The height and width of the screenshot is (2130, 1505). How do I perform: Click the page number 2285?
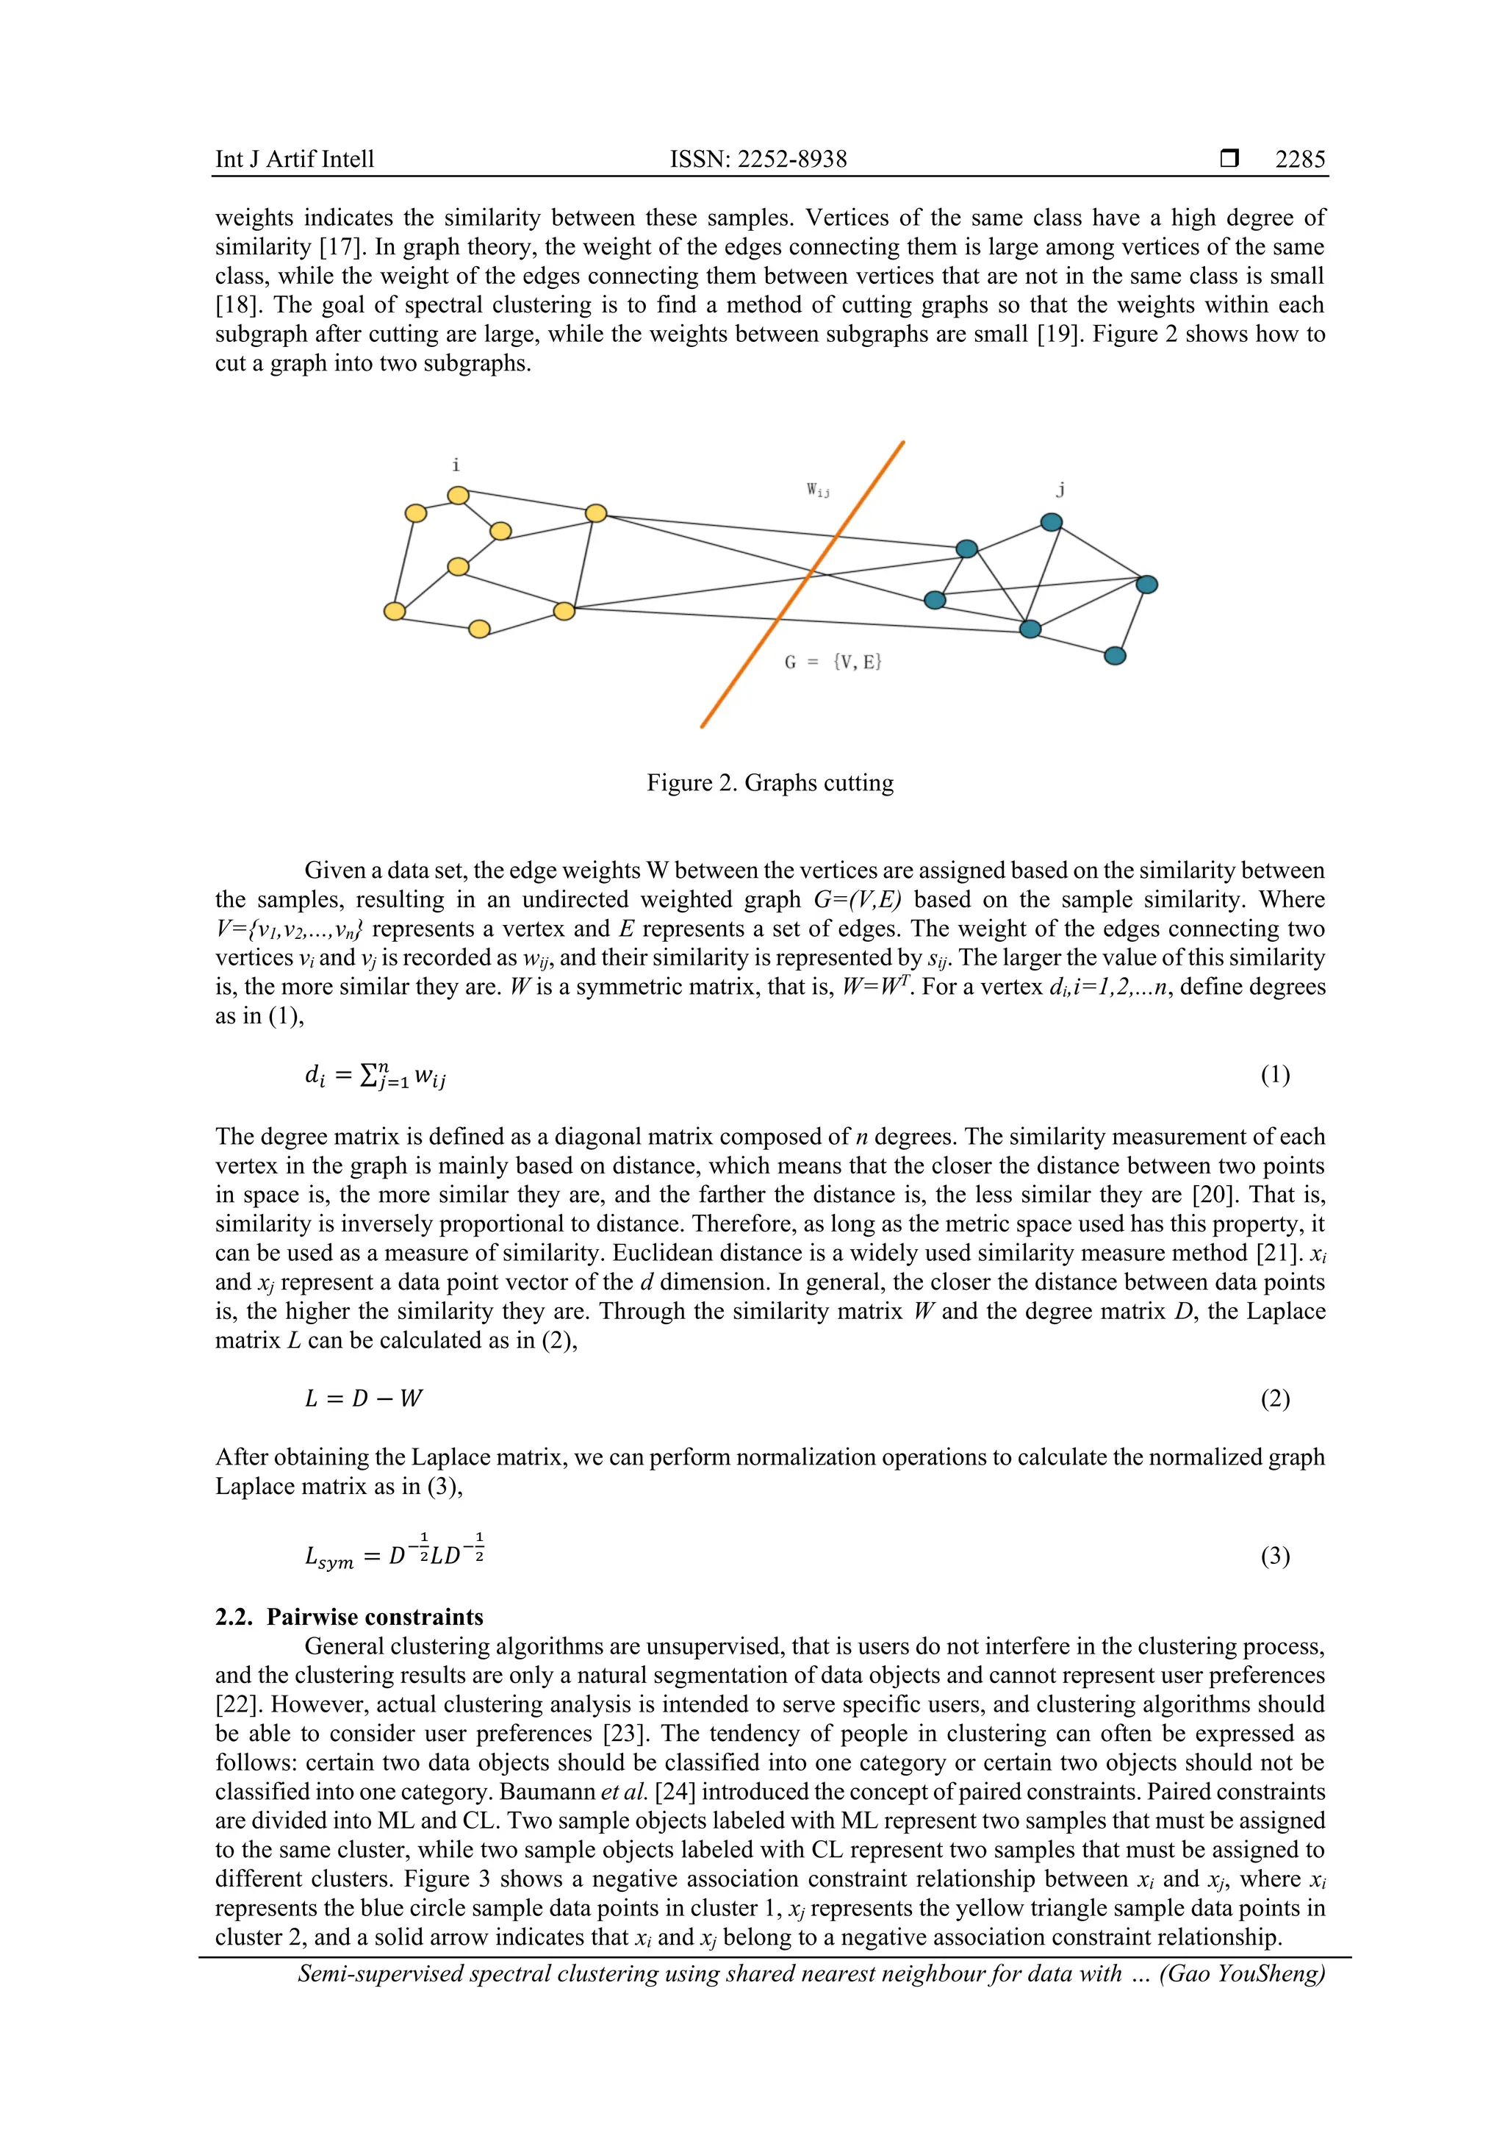click(1299, 160)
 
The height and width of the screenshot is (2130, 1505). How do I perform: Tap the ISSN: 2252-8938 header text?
click(758, 160)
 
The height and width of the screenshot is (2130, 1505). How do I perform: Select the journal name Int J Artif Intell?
click(295, 160)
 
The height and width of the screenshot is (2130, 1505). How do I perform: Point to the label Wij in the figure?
click(817, 490)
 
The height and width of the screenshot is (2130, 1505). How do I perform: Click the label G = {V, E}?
click(833, 662)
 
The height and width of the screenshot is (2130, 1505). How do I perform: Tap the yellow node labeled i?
click(458, 496)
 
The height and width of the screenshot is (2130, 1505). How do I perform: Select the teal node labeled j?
click(1051, 522)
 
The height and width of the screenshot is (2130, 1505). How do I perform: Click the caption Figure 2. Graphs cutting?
click(769, 783)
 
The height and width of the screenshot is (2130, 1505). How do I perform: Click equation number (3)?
click(1274, 1556)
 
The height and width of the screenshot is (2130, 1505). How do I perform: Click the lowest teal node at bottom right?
click(1115, 656)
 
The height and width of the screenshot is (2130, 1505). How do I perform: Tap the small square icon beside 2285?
click(1229, 159)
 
